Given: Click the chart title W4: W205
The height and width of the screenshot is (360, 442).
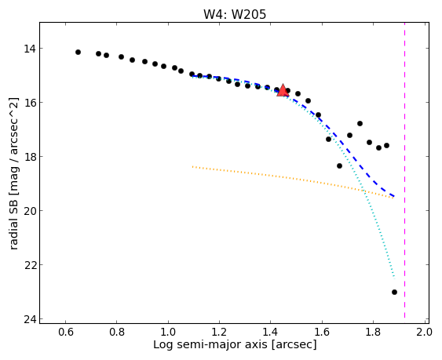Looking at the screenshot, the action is point(235,15).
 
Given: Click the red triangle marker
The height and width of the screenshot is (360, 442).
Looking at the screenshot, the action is point(283,90).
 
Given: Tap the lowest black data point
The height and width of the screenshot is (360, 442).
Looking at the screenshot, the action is point(394,292).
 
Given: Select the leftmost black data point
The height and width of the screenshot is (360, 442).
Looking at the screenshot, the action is point(78,52).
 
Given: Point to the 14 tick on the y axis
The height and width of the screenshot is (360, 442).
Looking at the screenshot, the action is point(30,49).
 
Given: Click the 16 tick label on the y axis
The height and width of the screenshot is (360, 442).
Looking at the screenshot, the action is point(30,103).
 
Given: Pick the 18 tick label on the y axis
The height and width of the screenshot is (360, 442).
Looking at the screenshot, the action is point(30,157).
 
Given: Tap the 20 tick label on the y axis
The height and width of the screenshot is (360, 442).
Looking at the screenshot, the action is point(30,211).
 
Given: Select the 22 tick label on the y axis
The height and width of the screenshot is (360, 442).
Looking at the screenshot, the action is point(30,265).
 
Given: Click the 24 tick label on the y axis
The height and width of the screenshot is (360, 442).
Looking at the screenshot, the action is point(30,319).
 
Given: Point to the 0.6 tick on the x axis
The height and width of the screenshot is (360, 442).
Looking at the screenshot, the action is point(66,332).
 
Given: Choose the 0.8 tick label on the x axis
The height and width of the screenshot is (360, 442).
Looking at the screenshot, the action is point(117,332).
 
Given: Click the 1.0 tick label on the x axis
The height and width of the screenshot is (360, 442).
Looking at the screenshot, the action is point(168,332).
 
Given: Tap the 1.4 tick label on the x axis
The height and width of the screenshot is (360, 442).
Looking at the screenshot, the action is point(271,332).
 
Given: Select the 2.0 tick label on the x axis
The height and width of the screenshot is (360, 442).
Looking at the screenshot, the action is point(424,332).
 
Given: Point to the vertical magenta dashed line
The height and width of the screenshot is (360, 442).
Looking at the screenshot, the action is point(405,170).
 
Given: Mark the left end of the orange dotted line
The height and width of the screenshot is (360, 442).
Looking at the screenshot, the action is point(193,167).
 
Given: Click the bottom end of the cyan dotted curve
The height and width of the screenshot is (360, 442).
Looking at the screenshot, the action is point(394,278).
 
